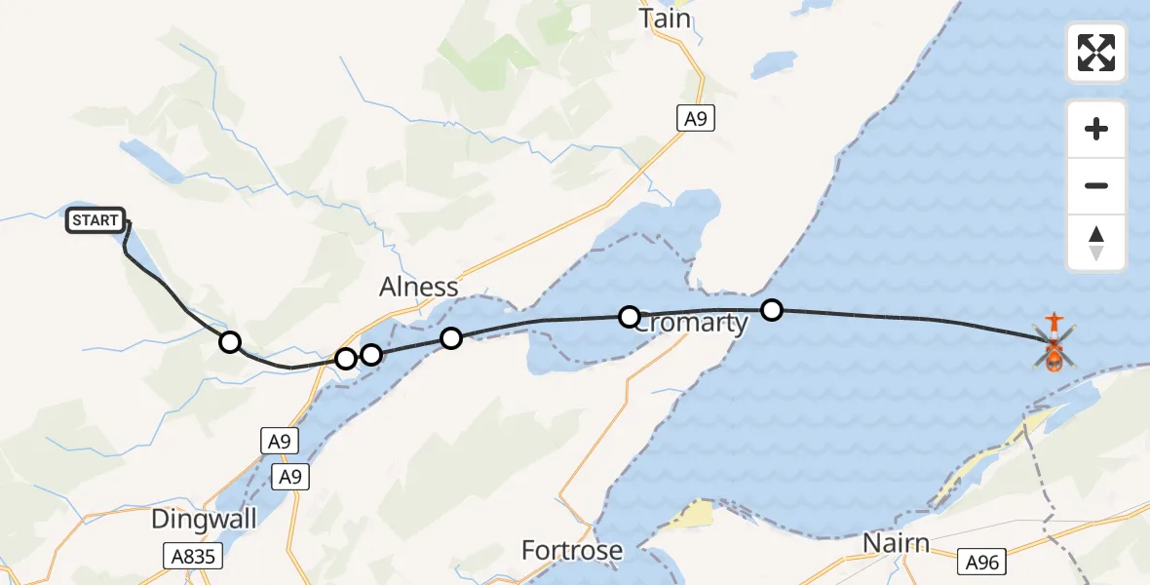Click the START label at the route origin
(x=96, y=221)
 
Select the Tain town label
(x=666, y=19)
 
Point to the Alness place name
(x=418, y=287)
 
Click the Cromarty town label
(x=690, y=324)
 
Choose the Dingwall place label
(x=204, y=520)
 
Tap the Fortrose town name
(x=572, y=551)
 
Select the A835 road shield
(x=192, y=557)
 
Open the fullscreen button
(x=1096, y=53)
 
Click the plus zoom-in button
(x=1096, y=129)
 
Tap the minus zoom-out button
(x=1096, y=185)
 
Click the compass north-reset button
(x=1096, y=243)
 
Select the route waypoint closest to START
(x=229, y=341)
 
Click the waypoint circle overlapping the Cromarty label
(x=630, y=316)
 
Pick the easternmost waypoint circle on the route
(x=772, y=310)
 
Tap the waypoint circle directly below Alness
(x=451, y=338)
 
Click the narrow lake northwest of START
(x=151, y=161)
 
